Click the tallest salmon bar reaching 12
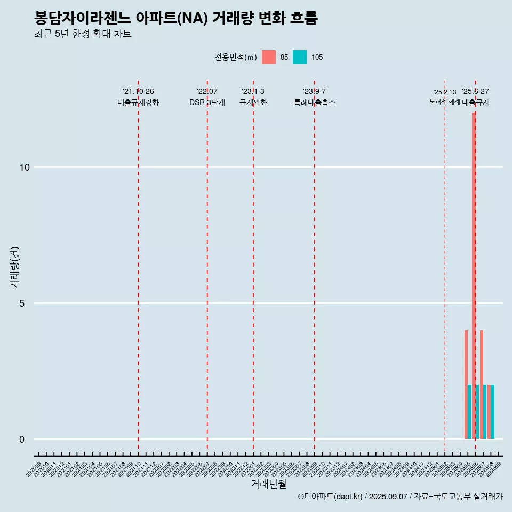tap(473, 267)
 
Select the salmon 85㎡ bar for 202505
tap(466, 384)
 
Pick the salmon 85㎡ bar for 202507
tap(482, 384)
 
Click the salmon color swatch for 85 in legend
tap(269, 57)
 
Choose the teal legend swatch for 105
tap(300, 57)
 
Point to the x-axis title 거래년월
tap(269, 484)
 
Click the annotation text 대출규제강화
tap(138, 102)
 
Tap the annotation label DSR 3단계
tap(207, 102)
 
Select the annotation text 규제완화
tap(253, 102)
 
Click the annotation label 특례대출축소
tap(315, 102)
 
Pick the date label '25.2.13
tap(444, 92)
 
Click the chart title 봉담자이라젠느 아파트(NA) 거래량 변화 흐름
tap(176, 19)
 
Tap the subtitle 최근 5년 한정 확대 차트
tap(83, 34)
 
